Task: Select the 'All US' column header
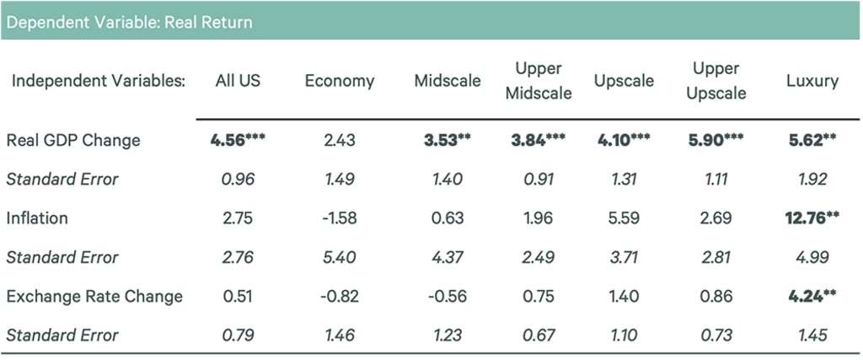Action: (237, 81)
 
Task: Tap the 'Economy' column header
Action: (340, 81)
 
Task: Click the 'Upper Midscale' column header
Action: (538, 81)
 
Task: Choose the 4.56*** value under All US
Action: (237, 140)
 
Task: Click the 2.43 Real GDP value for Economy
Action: (340, 140)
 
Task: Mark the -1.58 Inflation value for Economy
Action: (340, 218)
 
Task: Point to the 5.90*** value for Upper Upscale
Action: (716, 140)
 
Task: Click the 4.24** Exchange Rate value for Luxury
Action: (810, 296)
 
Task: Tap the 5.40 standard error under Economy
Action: (340, 257)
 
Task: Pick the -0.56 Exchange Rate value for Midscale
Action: (447, 296)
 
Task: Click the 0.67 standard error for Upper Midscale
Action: (538, 335)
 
